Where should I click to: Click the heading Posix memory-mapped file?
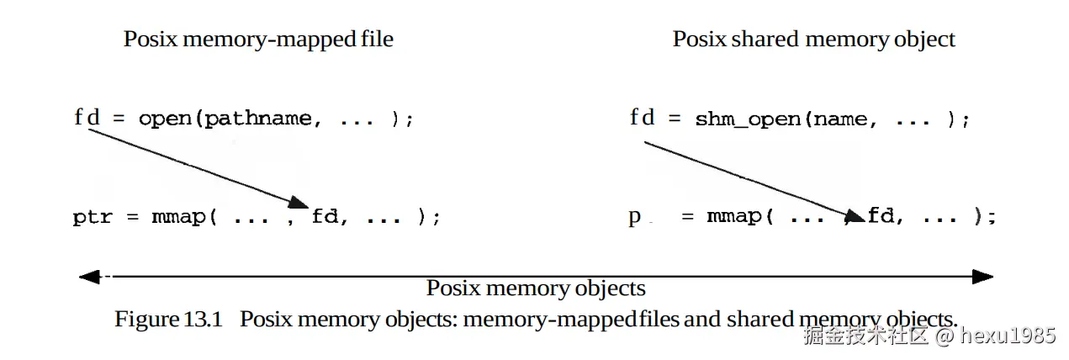[258, 39]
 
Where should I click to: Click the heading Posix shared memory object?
[813, 39]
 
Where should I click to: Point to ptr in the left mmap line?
[93, 217]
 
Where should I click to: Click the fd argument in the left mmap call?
[325, 217]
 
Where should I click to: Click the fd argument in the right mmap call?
[880, 217]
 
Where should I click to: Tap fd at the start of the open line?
[86, 118]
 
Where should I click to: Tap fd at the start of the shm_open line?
[642, 118]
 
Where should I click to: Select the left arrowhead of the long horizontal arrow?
[89, 276]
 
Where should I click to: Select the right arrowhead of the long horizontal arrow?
[982, 276]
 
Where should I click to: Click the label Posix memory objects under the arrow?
[536, 289]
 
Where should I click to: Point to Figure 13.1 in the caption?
[167, 320]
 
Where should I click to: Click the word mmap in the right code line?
[734, 217]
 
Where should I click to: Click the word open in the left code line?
[165, 119]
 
